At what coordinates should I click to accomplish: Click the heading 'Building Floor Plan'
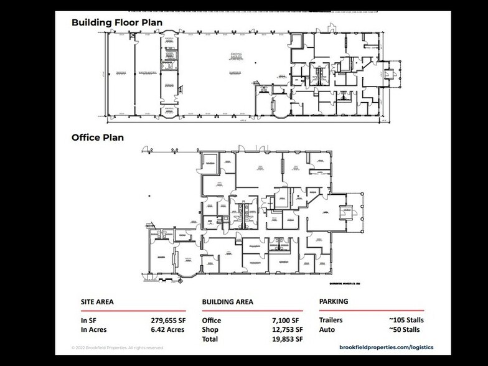(117, 22)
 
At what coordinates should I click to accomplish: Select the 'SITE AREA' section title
(98, 302)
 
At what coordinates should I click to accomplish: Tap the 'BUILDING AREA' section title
(227, 302)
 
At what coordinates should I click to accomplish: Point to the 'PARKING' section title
(334, 301)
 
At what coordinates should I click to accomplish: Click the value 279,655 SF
(168, 321)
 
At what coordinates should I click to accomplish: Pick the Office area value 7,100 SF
(288, 321)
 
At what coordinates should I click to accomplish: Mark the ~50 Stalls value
(408, 329)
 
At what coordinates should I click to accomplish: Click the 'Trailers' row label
(331, 320)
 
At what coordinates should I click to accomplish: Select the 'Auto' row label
(326, 329)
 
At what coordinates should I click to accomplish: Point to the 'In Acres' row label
(94, 330)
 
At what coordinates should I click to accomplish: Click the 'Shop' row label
(210, 330)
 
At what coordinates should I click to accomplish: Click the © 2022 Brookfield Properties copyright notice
(117, 348)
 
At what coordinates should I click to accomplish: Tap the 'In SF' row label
(88, 321)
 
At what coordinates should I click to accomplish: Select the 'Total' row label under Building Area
(210, 339)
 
